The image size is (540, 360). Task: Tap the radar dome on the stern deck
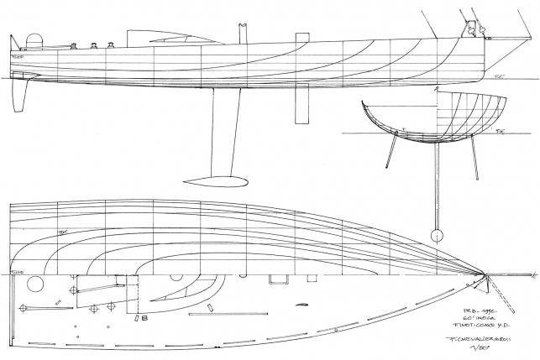35,39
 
